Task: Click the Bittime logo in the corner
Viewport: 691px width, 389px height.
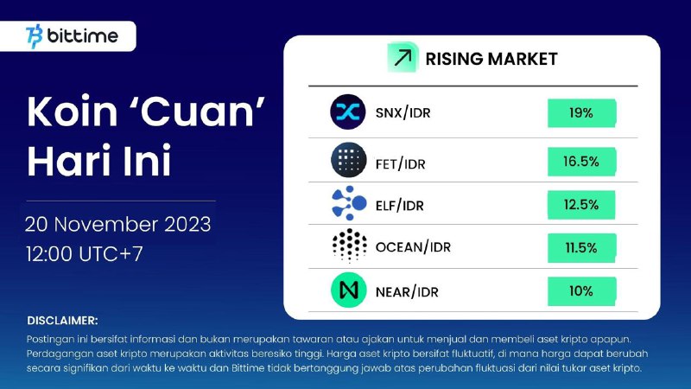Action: coord(72,35)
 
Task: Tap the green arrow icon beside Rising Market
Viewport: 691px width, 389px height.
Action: coord(403,57)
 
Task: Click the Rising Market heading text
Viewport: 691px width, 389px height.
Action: coord(491,59)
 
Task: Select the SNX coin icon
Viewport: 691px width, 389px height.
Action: coord(348,112)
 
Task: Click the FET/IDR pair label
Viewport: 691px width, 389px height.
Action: coord(400,164)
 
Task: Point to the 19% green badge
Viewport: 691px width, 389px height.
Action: coord(581,113)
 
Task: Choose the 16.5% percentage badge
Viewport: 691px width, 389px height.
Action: coord(581,162)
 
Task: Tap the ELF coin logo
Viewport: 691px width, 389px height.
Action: coord(349,203)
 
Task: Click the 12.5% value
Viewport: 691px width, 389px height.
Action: coord(581,205)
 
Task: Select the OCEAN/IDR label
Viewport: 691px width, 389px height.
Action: coord(413,247)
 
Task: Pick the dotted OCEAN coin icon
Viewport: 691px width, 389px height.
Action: coord(350,246)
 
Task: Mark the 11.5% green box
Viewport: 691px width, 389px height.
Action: coord(581,248)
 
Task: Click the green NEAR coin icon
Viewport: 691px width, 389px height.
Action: coord(348,290)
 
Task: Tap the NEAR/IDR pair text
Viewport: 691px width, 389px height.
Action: coord(407,292)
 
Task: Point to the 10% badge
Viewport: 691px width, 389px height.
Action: coord(581,291)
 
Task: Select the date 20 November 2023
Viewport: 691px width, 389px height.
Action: coord(118,225)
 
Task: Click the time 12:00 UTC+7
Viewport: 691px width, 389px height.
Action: coord(84,254)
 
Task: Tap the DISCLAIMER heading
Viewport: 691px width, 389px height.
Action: coord(62,321)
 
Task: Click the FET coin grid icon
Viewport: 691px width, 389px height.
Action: coord(348,160)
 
